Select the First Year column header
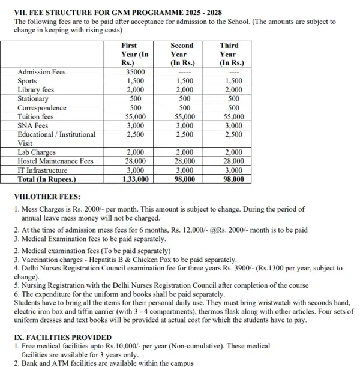(x=134, y=54)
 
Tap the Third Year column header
(x=229, y=54)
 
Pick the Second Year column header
(x=182, y=54)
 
